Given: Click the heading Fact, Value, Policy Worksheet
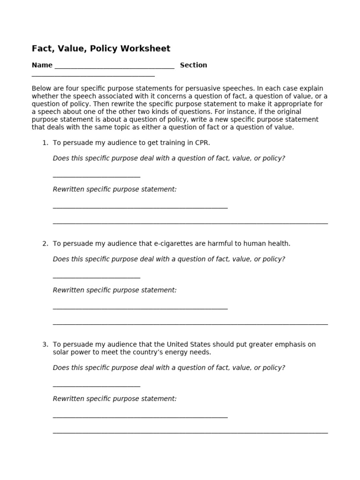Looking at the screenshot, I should (101, 49).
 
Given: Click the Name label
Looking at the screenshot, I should (42, 65).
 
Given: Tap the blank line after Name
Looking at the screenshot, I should (114, 67).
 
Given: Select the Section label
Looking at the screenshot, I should (193, 65).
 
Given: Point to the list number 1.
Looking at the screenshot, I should (45, 142).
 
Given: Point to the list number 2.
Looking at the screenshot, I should (45, 243).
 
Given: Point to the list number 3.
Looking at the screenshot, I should (45, 344).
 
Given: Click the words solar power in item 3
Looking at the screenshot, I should (70, 352).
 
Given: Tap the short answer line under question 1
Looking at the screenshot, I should (97, 177).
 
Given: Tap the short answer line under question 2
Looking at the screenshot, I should (97, 278).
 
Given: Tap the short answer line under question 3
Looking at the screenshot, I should (97, 387).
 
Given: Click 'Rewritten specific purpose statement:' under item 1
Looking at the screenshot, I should (115, 189).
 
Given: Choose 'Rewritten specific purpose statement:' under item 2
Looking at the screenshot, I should (115, 290).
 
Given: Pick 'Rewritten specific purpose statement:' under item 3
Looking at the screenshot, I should (115, 398).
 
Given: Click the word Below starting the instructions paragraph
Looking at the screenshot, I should (42, 88).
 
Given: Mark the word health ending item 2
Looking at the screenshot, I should (279, 243).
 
